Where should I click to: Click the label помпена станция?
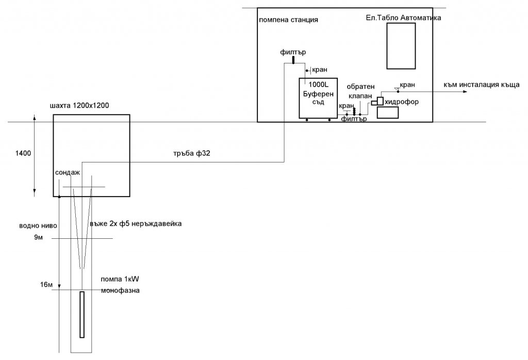tap(288, 20)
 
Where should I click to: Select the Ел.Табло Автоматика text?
tap(403, 18)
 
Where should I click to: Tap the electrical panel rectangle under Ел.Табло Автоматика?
tap(401, 46)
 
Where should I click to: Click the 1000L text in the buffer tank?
tap(318, 85)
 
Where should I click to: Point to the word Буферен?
tap(318, 94)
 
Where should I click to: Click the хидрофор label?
tap(402, 102)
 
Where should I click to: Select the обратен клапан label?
tap(360, 91)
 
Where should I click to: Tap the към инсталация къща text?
tap(482, 85)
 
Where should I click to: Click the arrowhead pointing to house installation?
tap(465, 92)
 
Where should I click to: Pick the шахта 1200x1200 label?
tap(79, 106)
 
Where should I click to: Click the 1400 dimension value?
tap(23, 153)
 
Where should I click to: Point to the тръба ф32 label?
tap(192, 154)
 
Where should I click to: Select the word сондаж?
tap(68, 173)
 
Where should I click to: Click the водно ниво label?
tap(38, 226)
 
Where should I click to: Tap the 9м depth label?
tap(38, 237)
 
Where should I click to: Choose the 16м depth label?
tap(46, 285)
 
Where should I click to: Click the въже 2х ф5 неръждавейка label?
tap(136, 224)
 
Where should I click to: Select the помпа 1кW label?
tap(120, 279)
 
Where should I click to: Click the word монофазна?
tap(120, 290)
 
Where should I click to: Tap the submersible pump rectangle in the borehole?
tap(82, 315)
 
